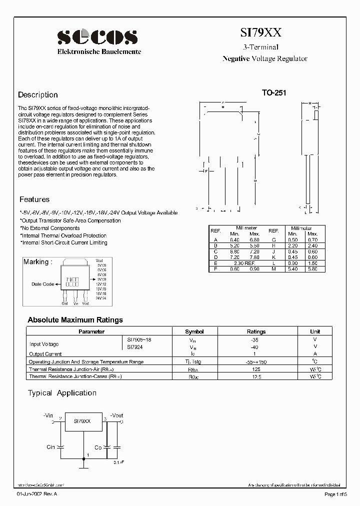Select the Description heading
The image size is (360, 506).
point(38,95)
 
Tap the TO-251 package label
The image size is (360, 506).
point(274,93)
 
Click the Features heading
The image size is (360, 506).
point(34,199)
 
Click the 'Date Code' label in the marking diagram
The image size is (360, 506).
point(43,284)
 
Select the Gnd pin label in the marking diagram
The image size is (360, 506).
point(64,303)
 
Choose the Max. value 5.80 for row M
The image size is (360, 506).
point(312,269)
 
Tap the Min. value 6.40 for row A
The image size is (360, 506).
point(234,239)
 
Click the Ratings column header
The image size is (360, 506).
point(256,331)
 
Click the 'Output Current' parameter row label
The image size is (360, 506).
point(45,354)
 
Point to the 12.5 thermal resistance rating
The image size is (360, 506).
point(256,376)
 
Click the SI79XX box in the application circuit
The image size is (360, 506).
point(82,421)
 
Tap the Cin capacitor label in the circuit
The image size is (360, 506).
point(50,447)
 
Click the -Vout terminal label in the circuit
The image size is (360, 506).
point(116,415)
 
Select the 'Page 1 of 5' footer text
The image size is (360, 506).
point(337,494)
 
